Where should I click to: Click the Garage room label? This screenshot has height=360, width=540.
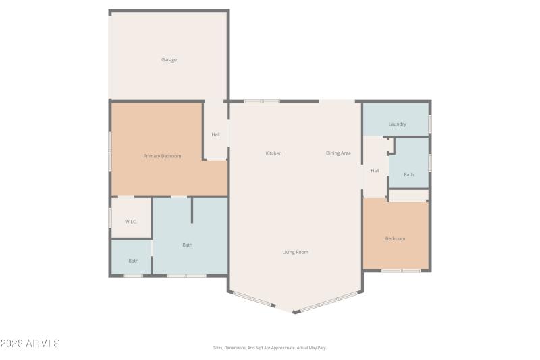coord(169,60)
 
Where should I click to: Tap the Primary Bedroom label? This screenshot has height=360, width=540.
coord(162,156)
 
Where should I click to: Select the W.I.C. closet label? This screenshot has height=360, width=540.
coord(131,222)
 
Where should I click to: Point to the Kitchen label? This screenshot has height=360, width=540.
coord(273,153)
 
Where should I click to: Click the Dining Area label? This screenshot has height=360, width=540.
coord(338,153)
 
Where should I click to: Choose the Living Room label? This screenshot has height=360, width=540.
coord(295,252)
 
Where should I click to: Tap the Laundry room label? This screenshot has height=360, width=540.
coord(397,124)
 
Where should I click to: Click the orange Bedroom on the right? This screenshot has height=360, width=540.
coord(395,238)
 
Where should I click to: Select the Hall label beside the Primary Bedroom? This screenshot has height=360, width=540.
coord(215,134)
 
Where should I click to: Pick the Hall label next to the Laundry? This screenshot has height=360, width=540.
coord(375,170)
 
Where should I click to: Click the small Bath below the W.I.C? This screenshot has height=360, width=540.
coord(134,261)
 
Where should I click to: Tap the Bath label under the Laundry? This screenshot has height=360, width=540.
coord(408,174)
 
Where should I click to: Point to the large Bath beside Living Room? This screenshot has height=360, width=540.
coord(187,245)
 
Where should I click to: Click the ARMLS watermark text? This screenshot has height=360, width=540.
coord(30,344)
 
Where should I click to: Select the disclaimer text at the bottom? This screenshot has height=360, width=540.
coord(269,348)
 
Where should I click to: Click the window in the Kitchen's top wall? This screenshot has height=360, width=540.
coord(261,101)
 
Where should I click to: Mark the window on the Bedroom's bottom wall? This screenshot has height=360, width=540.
coord(401,271)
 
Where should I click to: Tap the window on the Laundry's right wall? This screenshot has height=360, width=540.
coord(430,125)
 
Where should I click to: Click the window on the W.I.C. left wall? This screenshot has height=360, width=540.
coord(110,217)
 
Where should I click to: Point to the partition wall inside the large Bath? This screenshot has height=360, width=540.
coord(192,210)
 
